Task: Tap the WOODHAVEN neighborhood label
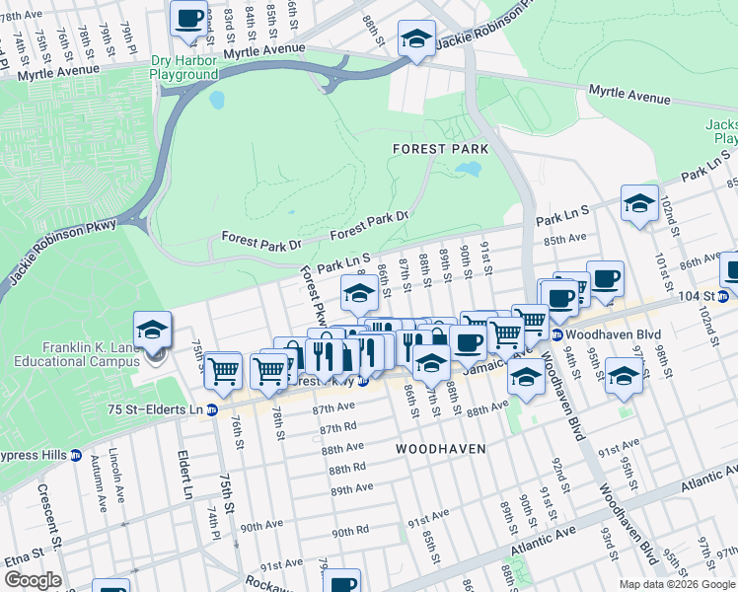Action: (440, 448)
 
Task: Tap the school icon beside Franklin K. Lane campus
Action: (153, 332)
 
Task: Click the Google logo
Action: (33, 580)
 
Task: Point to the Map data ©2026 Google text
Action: (676, 584)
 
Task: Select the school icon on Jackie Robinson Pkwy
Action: (416, 40)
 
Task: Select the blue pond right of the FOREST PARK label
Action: (469, 169)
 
